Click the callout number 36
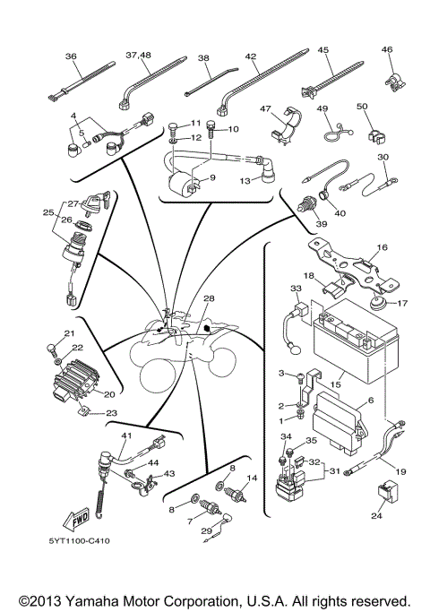(x=72, y=56)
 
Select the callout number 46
(x=387, y=49)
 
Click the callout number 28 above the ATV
(x=209, y=297)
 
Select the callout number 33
(x=296, y=289)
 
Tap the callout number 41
(x=126, y=436)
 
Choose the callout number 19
(x=400, y=470)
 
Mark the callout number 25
(x=48, y=212)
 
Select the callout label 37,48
(x=138, y=55)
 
